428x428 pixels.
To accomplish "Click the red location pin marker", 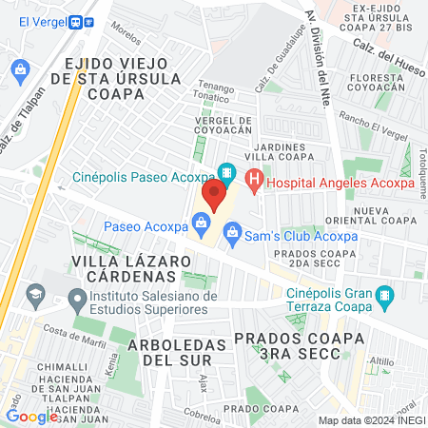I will (x=214, y=194).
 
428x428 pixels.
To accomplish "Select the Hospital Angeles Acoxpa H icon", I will (x=254, y=178).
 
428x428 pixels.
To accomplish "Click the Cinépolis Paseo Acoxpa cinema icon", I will (x=226, y=174).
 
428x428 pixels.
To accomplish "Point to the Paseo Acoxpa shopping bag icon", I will (x=201, y=225).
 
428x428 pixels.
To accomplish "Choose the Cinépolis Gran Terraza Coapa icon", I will (x=383, y=296).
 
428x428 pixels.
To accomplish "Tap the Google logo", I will (x=31, y=416).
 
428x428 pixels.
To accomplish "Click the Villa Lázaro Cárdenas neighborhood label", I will (x=124, y=267).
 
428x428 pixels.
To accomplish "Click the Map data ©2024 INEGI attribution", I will (x=371, y=420).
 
